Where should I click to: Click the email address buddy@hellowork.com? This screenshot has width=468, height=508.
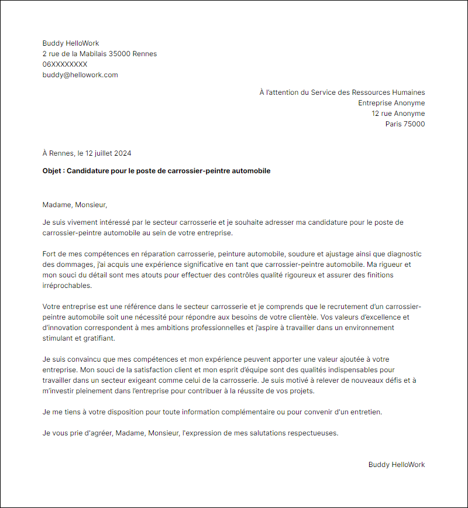[80, 75]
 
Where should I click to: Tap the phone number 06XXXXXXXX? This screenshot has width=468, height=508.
[65, 64]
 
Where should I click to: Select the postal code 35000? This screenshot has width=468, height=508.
[120, 54]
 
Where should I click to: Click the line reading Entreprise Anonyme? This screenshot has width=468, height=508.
[391, 103]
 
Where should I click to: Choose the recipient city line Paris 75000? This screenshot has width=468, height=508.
[405, 124]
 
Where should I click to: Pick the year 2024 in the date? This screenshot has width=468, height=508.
[123, 153]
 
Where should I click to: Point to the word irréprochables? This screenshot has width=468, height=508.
[67, 286]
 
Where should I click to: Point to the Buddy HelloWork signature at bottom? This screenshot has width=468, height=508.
[397, 465]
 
